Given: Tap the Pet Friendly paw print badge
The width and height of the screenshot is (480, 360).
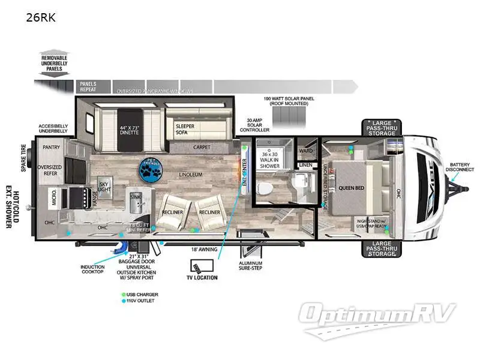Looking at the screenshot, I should [149, 169].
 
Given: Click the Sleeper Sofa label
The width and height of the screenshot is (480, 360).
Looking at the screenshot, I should [184, 130].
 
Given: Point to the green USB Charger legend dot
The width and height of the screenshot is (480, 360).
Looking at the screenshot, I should [123, 295].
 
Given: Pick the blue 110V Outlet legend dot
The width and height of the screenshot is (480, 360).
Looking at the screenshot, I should [123, 301].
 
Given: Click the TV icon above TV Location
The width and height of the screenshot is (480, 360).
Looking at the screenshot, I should [197, 266].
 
